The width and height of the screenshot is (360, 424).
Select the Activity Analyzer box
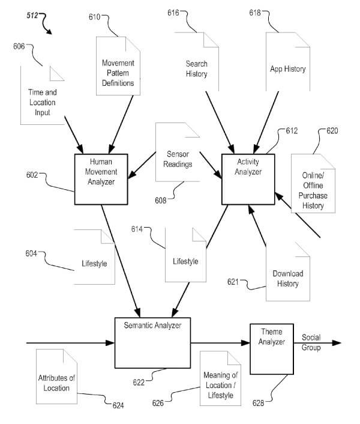(248, 179)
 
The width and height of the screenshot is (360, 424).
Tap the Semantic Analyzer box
(152, 343)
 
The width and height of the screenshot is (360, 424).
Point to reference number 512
(32, 16)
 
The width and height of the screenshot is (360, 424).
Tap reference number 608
(161, 201)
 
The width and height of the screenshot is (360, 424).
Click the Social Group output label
(311, 342)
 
